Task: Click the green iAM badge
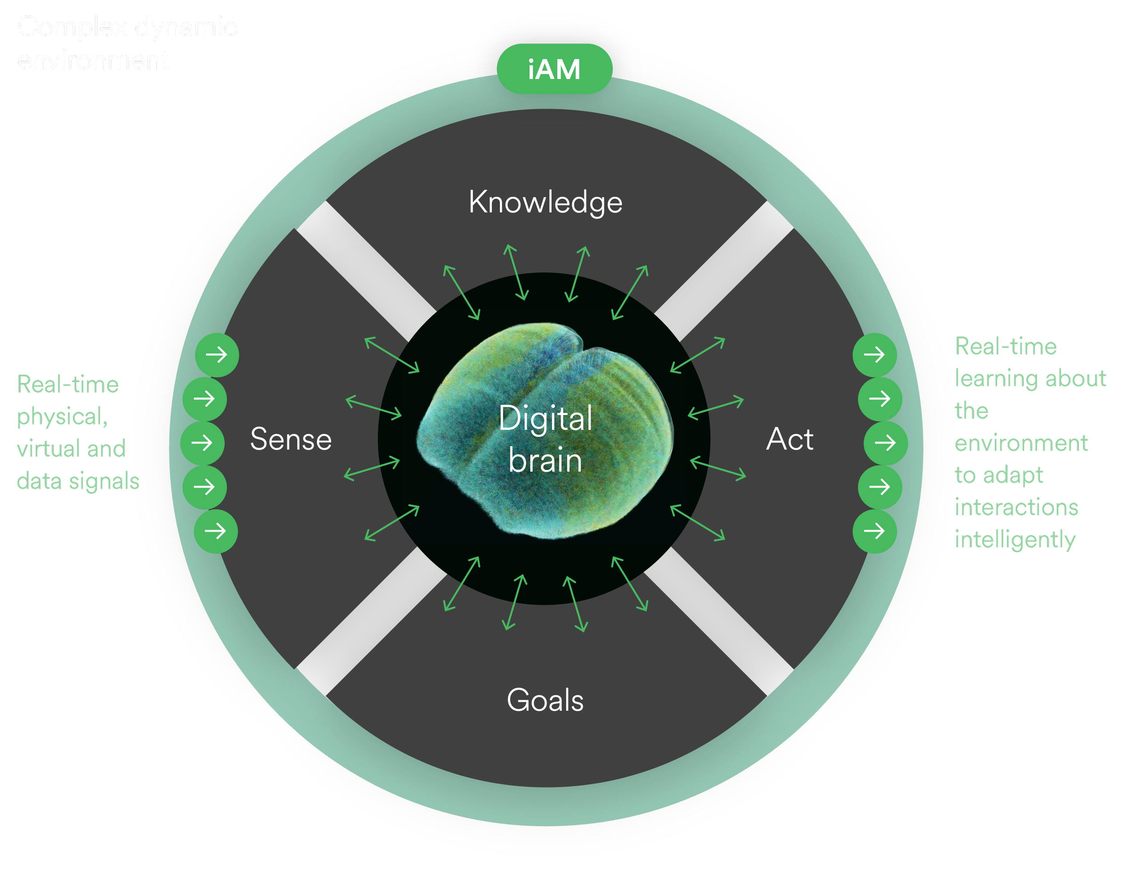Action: [554, 69]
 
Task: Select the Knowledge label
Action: [546, 202]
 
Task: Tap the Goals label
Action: [545, 700]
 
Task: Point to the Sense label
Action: [290, 439]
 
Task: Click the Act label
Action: [789, 439]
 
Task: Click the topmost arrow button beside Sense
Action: [217, 354]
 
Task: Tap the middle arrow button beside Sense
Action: [202, 443]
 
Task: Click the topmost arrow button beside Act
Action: [875, 354]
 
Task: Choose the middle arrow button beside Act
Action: [886, 443]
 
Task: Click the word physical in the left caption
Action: [61, 417]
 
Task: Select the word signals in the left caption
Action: [104, 481]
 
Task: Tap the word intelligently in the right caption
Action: [1015, 540]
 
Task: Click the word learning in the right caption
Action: [996, 379]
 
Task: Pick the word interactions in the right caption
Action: [1016, 508]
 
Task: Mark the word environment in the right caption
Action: [1021, 443]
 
